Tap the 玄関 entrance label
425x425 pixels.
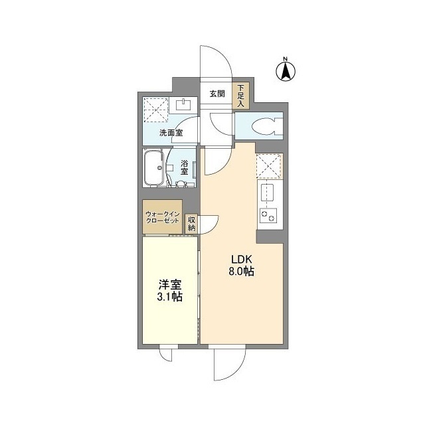(x=216, y=94)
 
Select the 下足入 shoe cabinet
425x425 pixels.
(x=240, y=96)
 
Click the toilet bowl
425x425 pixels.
(x=269, y=126)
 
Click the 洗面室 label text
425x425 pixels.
(x=171, y=133)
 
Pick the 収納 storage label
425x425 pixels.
(x=191, y=224)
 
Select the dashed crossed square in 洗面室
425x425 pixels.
(x=155, y=110)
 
